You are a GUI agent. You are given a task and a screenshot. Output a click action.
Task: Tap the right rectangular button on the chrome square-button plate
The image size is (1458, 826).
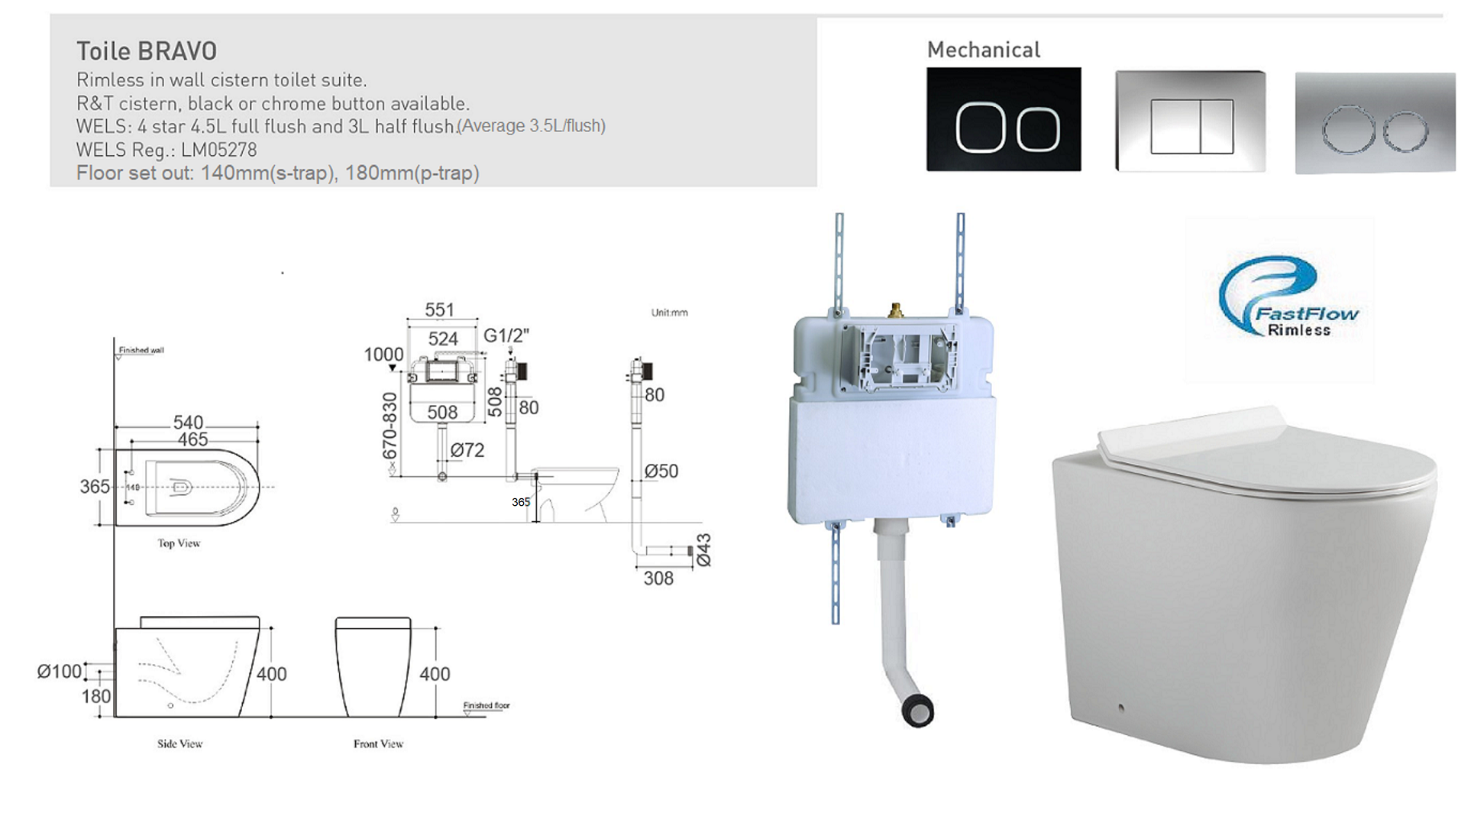1217,126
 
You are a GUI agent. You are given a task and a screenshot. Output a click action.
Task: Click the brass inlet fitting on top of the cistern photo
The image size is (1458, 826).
896,309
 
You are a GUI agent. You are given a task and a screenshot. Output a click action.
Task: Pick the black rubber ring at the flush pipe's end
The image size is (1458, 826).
917,711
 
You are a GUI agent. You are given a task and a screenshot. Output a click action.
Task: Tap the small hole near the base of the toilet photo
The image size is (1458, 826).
1120,708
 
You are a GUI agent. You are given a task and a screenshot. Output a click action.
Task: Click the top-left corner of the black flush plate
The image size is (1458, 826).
927,68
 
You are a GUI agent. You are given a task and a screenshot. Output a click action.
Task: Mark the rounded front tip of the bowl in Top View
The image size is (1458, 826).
260,487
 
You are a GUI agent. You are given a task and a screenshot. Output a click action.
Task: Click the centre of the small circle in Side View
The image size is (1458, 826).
170,705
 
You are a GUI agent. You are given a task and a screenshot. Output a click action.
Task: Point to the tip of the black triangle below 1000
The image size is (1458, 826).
393,372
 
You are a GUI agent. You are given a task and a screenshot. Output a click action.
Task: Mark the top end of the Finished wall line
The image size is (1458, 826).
115,338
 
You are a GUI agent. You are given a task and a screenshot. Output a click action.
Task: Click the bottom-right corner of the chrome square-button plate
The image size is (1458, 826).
1265,170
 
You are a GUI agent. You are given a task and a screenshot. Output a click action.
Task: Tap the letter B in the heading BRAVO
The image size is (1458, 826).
146,51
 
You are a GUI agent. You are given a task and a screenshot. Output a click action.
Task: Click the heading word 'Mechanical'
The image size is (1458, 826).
984,50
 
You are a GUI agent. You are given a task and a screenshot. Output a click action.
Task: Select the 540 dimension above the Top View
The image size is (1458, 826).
188,423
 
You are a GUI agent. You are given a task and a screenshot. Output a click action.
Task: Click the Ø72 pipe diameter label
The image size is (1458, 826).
467,450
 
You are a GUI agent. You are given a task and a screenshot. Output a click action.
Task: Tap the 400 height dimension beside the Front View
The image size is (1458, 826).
435,674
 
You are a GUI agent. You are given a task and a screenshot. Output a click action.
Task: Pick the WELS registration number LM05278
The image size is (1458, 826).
218,150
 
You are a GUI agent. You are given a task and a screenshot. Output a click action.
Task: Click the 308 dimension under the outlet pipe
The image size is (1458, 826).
658,578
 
